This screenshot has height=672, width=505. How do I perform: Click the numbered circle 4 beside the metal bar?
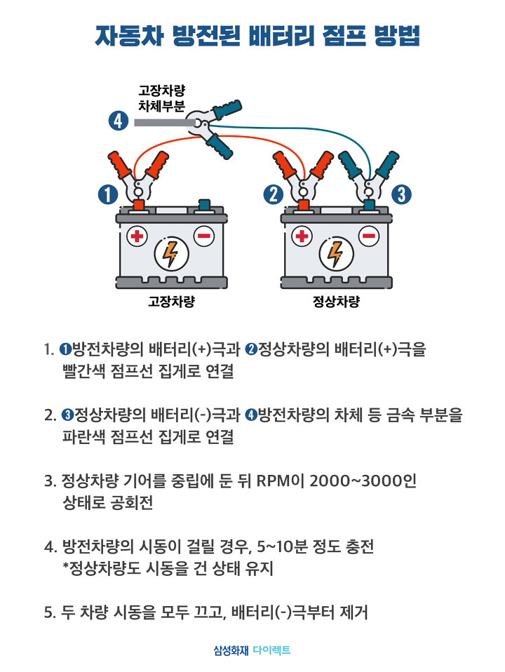click(x=119, y=121)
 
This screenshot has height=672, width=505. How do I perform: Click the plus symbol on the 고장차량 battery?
click(x=137, y=236)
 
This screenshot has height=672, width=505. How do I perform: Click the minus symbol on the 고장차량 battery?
click(x=204, y=236)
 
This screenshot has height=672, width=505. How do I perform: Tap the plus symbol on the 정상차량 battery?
click(x=302, y=236)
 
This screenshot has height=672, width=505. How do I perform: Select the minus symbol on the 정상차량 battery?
click(x=369, y=236)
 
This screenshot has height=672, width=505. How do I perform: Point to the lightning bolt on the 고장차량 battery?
click(x=170, y=254)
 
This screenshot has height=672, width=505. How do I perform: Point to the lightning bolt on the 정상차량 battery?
click(x=336, y=254)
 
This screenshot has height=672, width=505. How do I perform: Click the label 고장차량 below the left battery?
click(x=171, y=302)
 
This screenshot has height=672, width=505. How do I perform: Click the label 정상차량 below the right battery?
click(x=336, y=302)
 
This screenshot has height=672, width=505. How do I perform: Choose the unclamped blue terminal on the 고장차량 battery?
click(x=204, y=205)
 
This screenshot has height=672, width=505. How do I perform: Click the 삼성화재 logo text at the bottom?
click(x=231, y=650)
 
